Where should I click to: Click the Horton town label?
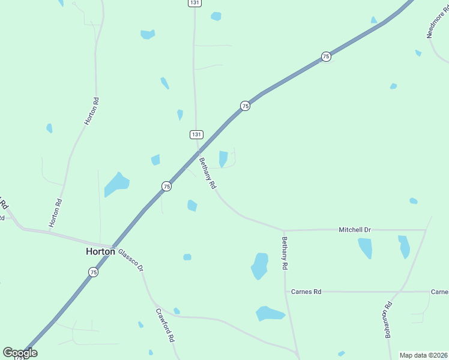coord(100,252)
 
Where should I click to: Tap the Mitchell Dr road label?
coord(355,230)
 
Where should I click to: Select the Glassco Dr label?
coord(131,260)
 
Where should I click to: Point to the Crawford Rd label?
coord(165,325)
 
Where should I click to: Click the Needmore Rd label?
coord(437,23)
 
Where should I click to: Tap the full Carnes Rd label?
coord(306,292)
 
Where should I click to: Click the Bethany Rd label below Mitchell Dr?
coord(285,252)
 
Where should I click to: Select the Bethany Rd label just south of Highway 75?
coord(208,173)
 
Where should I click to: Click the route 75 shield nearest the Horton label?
coord(93,272)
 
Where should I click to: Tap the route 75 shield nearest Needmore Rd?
coord(326,56)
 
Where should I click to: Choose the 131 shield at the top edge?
coord(194,3)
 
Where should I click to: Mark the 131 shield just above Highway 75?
coord(197,134)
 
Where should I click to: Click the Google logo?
coord(20,353)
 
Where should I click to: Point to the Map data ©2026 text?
coord(423,355)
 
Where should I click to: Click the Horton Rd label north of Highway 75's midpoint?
coord(91,111)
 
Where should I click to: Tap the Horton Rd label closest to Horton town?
coord(55,213)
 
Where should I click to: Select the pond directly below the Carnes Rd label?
coord(270,313)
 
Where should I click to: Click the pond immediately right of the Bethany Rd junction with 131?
coord(223,158)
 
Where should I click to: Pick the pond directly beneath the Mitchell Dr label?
coord(365,248)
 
